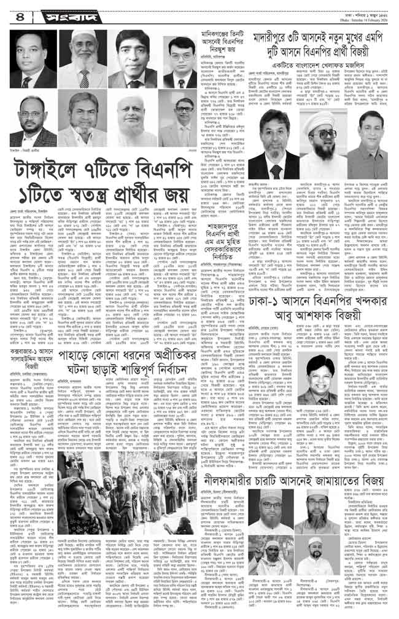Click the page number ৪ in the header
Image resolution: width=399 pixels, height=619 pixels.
tap(17, 12)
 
